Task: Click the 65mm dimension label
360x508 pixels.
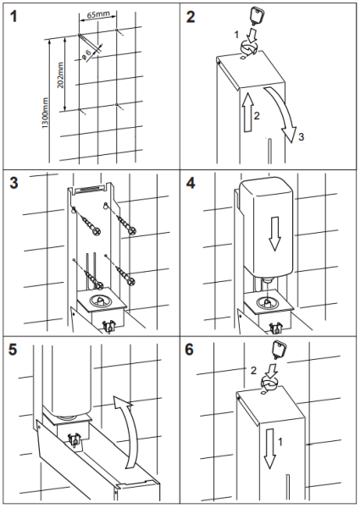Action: click(x=98, y=15)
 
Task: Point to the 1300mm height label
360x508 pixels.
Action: click(x=45, y=113)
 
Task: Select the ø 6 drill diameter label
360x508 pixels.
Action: click(x=86, y=54)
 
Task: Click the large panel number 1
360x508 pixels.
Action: click(x=14, y=16)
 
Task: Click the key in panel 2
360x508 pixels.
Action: click(x=256, y=15)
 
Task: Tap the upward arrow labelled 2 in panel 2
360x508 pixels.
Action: click(x=247, y=112)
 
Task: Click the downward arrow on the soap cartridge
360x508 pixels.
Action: click(x=274, y=234)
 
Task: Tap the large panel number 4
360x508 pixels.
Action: click(x=191, y=184)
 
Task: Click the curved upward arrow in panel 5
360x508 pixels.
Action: click(x=128, y=431)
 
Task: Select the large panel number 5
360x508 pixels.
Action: click(x=14, y=350)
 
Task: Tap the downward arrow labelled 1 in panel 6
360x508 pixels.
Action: click(x=269, y=448)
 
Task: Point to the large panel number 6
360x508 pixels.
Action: click(x=190, y=350)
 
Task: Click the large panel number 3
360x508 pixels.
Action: click(x=14, y=184)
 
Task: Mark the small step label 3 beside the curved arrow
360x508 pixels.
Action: click(x=301, y=136)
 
